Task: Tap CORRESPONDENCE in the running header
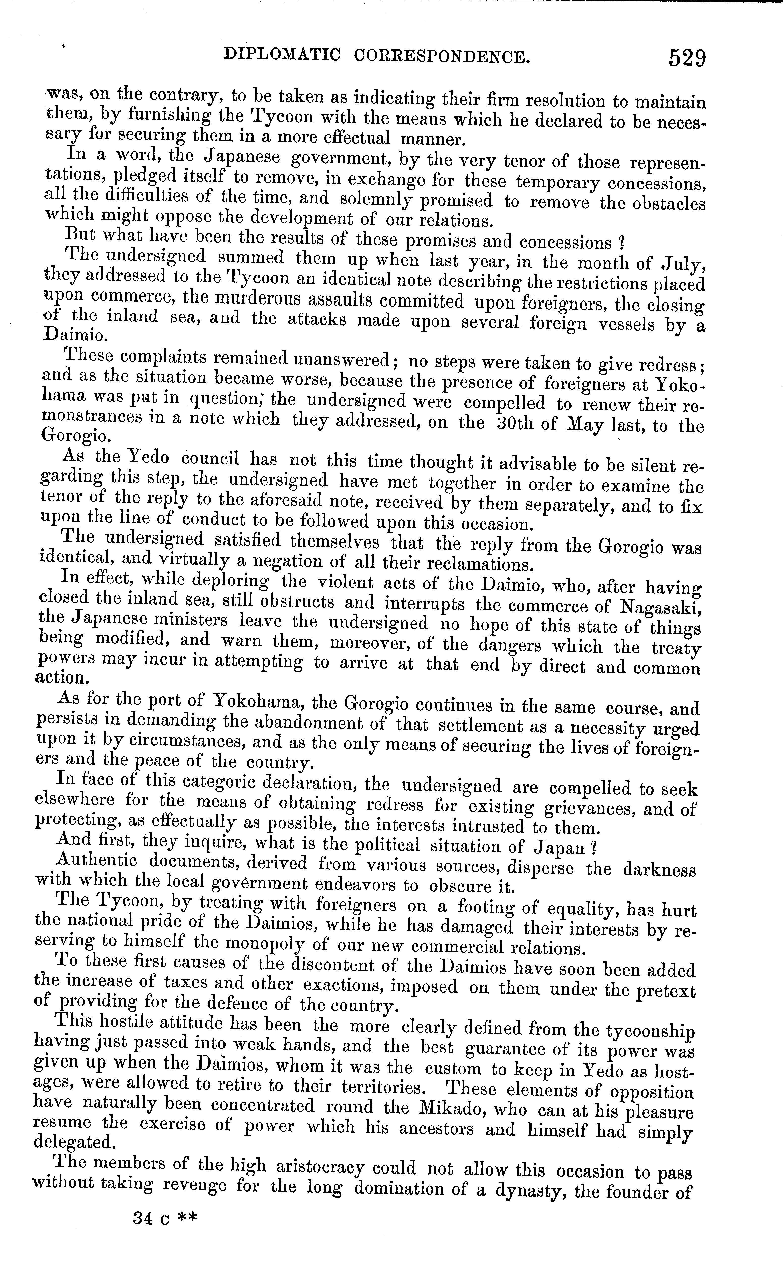[442, 56]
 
